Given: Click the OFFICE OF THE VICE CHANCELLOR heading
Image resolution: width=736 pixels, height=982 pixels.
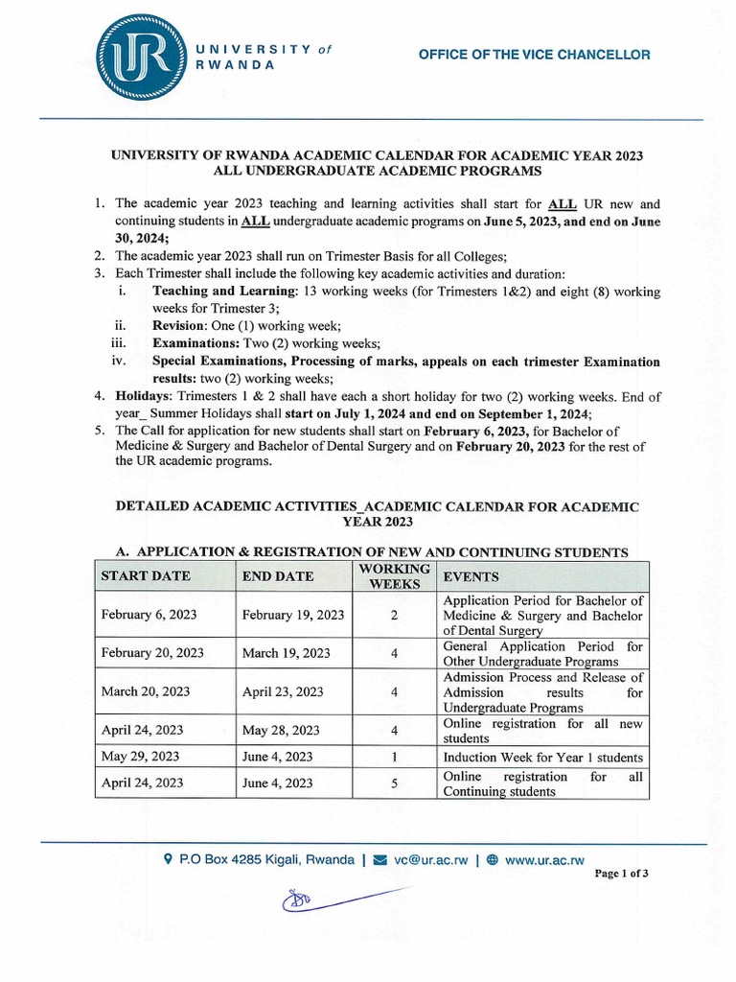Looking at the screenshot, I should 534,55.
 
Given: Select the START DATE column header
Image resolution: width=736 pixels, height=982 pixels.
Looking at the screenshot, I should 146,576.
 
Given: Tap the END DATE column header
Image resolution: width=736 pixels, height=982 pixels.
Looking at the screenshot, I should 278,576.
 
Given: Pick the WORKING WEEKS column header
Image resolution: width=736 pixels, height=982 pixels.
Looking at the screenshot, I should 393,576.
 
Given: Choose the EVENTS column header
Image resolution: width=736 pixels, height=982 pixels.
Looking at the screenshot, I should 471,576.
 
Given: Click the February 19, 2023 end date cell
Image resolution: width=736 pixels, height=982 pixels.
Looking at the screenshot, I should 293,615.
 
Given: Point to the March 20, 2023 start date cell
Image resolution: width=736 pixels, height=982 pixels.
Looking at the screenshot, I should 146,691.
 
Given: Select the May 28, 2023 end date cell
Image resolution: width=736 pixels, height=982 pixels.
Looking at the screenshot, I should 281,731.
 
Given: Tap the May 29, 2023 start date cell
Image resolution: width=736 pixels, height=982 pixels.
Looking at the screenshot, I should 140,757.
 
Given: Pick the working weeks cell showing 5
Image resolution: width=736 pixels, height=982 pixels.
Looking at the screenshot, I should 394,783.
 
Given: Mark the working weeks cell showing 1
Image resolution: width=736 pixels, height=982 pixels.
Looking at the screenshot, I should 394,758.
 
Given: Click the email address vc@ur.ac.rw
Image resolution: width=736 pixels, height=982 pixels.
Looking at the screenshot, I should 430,860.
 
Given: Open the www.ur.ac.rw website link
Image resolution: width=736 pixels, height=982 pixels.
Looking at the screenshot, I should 544,860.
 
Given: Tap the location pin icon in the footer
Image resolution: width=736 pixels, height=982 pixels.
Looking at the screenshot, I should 169,860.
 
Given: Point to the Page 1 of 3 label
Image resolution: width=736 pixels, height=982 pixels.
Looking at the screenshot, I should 622,874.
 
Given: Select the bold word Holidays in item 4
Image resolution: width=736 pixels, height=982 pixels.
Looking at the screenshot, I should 144,396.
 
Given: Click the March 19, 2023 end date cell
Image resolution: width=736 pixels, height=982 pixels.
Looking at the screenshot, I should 286,653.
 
